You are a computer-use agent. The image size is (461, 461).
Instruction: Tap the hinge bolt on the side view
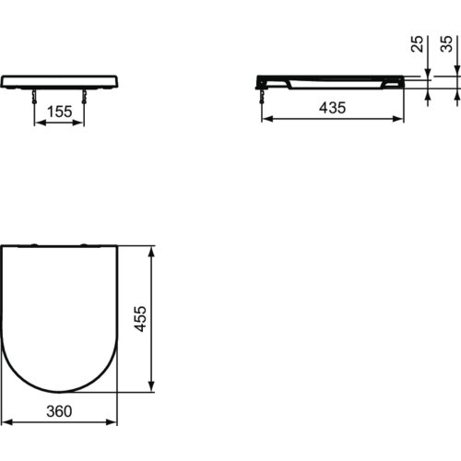[x=264, y=93]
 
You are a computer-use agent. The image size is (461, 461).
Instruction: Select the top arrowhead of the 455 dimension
[x=151, y=249]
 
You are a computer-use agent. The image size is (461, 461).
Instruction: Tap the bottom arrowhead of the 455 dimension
[x=151, y=388]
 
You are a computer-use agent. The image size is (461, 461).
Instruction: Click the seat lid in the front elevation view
[x=59, y=81]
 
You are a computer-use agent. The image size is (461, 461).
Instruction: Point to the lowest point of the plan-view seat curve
[x=59, y=391]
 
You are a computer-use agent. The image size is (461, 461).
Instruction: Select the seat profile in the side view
[x=332, y=80]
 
